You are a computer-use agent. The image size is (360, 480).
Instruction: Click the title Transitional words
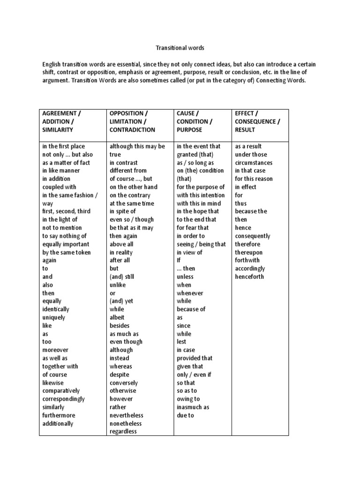[180, 48]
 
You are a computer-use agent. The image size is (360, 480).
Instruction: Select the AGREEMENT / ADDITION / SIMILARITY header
[61, 121]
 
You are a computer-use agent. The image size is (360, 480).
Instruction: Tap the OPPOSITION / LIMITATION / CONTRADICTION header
[132, 121]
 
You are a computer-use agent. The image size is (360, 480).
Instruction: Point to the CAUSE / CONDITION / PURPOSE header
[195, 121]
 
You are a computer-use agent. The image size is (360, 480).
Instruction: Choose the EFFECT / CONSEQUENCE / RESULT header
[258, 121]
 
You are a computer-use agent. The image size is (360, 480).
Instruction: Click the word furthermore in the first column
[59, 415]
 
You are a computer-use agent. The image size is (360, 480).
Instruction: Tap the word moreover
[55, 350]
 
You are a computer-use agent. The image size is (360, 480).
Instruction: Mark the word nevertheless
[127, 415]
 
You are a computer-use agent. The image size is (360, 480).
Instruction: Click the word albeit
[118, 317]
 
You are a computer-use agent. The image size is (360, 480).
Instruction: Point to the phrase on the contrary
[130, 195]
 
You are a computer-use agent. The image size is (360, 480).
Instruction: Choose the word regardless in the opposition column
[123, 431]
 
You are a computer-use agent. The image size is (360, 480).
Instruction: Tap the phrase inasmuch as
[193, 407]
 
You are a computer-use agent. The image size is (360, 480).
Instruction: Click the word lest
[181, 342]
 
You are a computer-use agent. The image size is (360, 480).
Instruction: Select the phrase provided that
[195, 358]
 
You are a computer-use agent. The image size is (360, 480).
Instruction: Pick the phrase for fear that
[193, 228]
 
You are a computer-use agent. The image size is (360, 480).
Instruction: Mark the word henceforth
[249, 277]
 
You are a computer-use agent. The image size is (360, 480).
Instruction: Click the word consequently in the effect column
[253, 236]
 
